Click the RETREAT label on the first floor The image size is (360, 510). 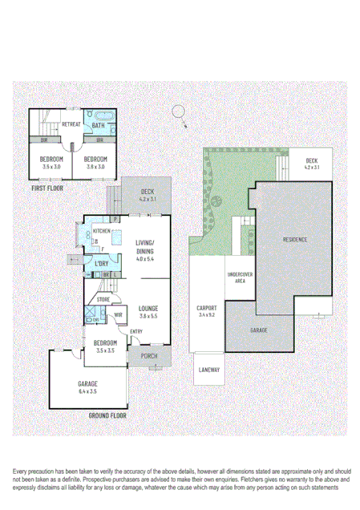pos(71,124)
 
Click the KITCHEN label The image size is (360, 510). pos(101,231)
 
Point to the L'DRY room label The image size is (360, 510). pos(101,264)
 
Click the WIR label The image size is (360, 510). pos(116,315)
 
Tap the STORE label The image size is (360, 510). pos(103,300)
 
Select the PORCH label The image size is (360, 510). pos(148,357)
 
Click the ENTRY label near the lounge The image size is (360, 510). pos(136,331)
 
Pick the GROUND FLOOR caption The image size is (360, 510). pos(107,416)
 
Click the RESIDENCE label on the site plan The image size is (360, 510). pos(295,239)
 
